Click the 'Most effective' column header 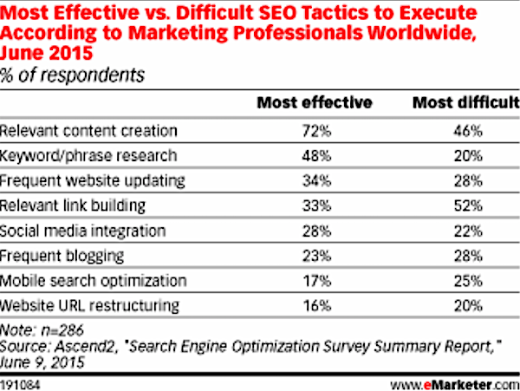[315, 102]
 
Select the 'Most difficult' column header [466, 102]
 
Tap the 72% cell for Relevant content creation [316, 131]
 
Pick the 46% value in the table [468, 131]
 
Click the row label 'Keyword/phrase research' [88, 156]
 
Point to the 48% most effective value [316, 156]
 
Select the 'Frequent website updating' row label [92, 181]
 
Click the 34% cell [316, 181]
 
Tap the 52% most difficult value [468, 206]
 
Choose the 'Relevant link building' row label [73, 206]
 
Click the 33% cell [316, 206]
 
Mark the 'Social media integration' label [82, 231]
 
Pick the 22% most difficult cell [468, 231]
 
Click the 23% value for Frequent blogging [316, 256]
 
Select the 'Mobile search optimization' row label [94, 281]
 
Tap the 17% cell [317, 281]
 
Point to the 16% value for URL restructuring [317, 306]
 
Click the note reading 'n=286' [62, 330]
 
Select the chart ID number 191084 [20, 385]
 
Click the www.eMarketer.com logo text [455, 385]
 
